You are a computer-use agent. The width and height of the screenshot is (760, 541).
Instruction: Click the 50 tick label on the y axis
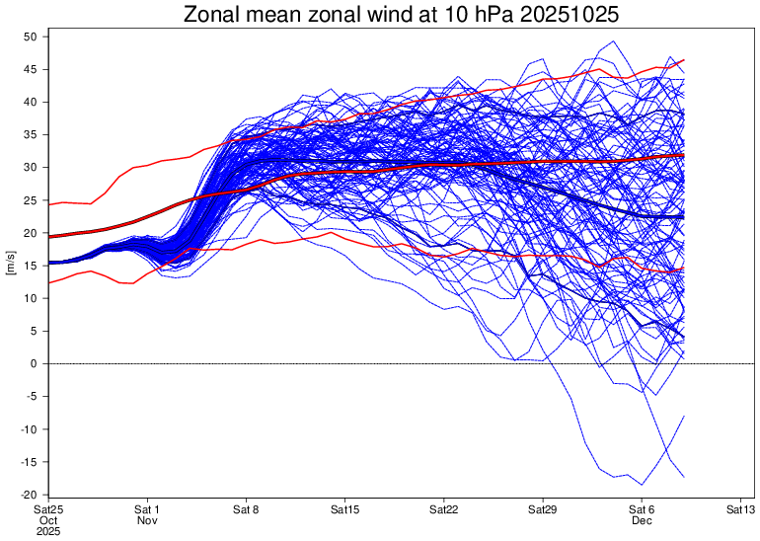[x=31, y=37]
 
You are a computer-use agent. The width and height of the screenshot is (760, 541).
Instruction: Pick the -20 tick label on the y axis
[x=29, y=495]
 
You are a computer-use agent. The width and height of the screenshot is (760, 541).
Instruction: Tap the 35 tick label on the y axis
[x=31, y=134]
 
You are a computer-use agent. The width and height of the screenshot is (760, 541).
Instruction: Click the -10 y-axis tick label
[x=29, y=429]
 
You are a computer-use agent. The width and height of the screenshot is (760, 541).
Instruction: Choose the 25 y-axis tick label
[x=31, y=200]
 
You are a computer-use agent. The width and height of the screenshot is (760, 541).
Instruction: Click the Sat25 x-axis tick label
[x=48, y=509]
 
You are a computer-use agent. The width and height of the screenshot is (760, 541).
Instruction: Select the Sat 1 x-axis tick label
[x=147, y=509]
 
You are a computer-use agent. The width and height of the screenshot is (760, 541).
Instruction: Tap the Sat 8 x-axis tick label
[x=246, y=509]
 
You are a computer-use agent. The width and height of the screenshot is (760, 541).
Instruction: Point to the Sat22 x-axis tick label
[x=444, y=509]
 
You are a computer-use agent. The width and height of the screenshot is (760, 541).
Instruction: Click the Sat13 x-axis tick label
[x=740, y=509]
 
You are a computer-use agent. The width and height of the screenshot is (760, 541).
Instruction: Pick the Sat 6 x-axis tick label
[x=642, y=509]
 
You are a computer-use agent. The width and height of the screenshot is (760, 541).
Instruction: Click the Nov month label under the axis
[x=147, y=520]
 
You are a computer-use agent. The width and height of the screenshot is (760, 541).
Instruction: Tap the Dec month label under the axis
[x=642, y=520]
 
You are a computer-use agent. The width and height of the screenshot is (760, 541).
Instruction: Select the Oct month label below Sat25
[x=48, y=520]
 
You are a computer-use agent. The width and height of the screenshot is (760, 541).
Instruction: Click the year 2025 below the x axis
[x=48, y=531]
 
